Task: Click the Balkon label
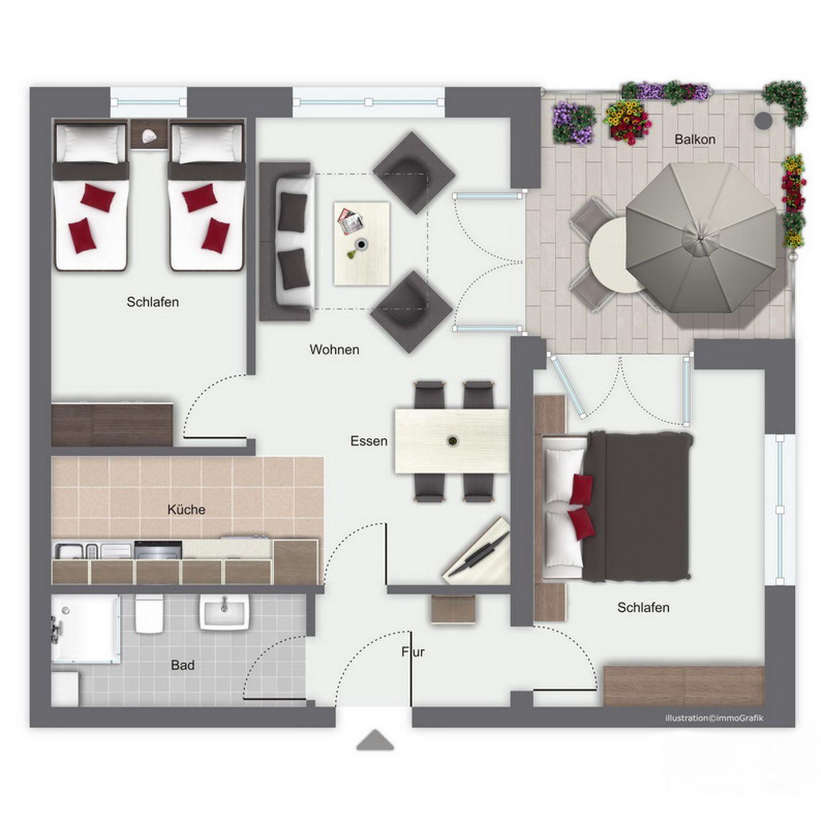click(694, 139)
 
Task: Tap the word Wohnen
click(335, 350)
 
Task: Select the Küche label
click(186, 510)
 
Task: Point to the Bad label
click(183, 665)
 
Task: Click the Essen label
click(369, 441)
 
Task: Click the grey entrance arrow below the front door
click(375, 739)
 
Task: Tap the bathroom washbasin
click(224, 612)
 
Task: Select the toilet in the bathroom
click(149, 613)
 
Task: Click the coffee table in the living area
click(361, 243)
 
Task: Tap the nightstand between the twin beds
click(148, 134)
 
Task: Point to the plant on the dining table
click(452, 440)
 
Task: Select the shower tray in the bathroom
click(85, 629)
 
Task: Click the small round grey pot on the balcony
click(763, 120)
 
